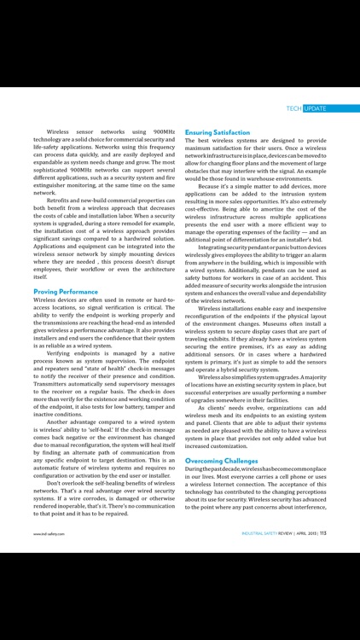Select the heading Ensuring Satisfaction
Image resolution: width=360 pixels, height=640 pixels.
click(x=218, y=133)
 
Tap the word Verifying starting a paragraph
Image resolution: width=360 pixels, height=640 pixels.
click(x=62, y=353)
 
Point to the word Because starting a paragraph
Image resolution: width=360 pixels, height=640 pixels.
click(x=213, y=185)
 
